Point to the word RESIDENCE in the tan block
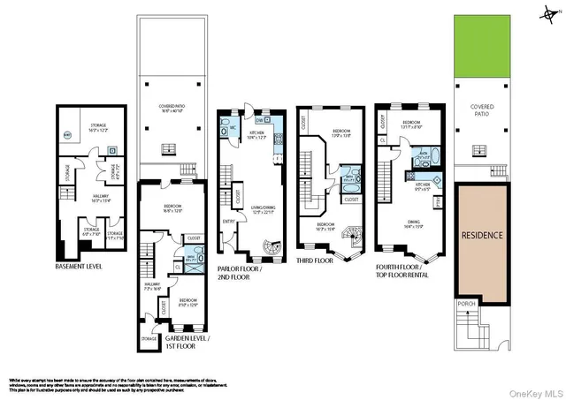tap(482, 236)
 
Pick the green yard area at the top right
tap(482, 45)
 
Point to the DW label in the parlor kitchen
tap(258, 119)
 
